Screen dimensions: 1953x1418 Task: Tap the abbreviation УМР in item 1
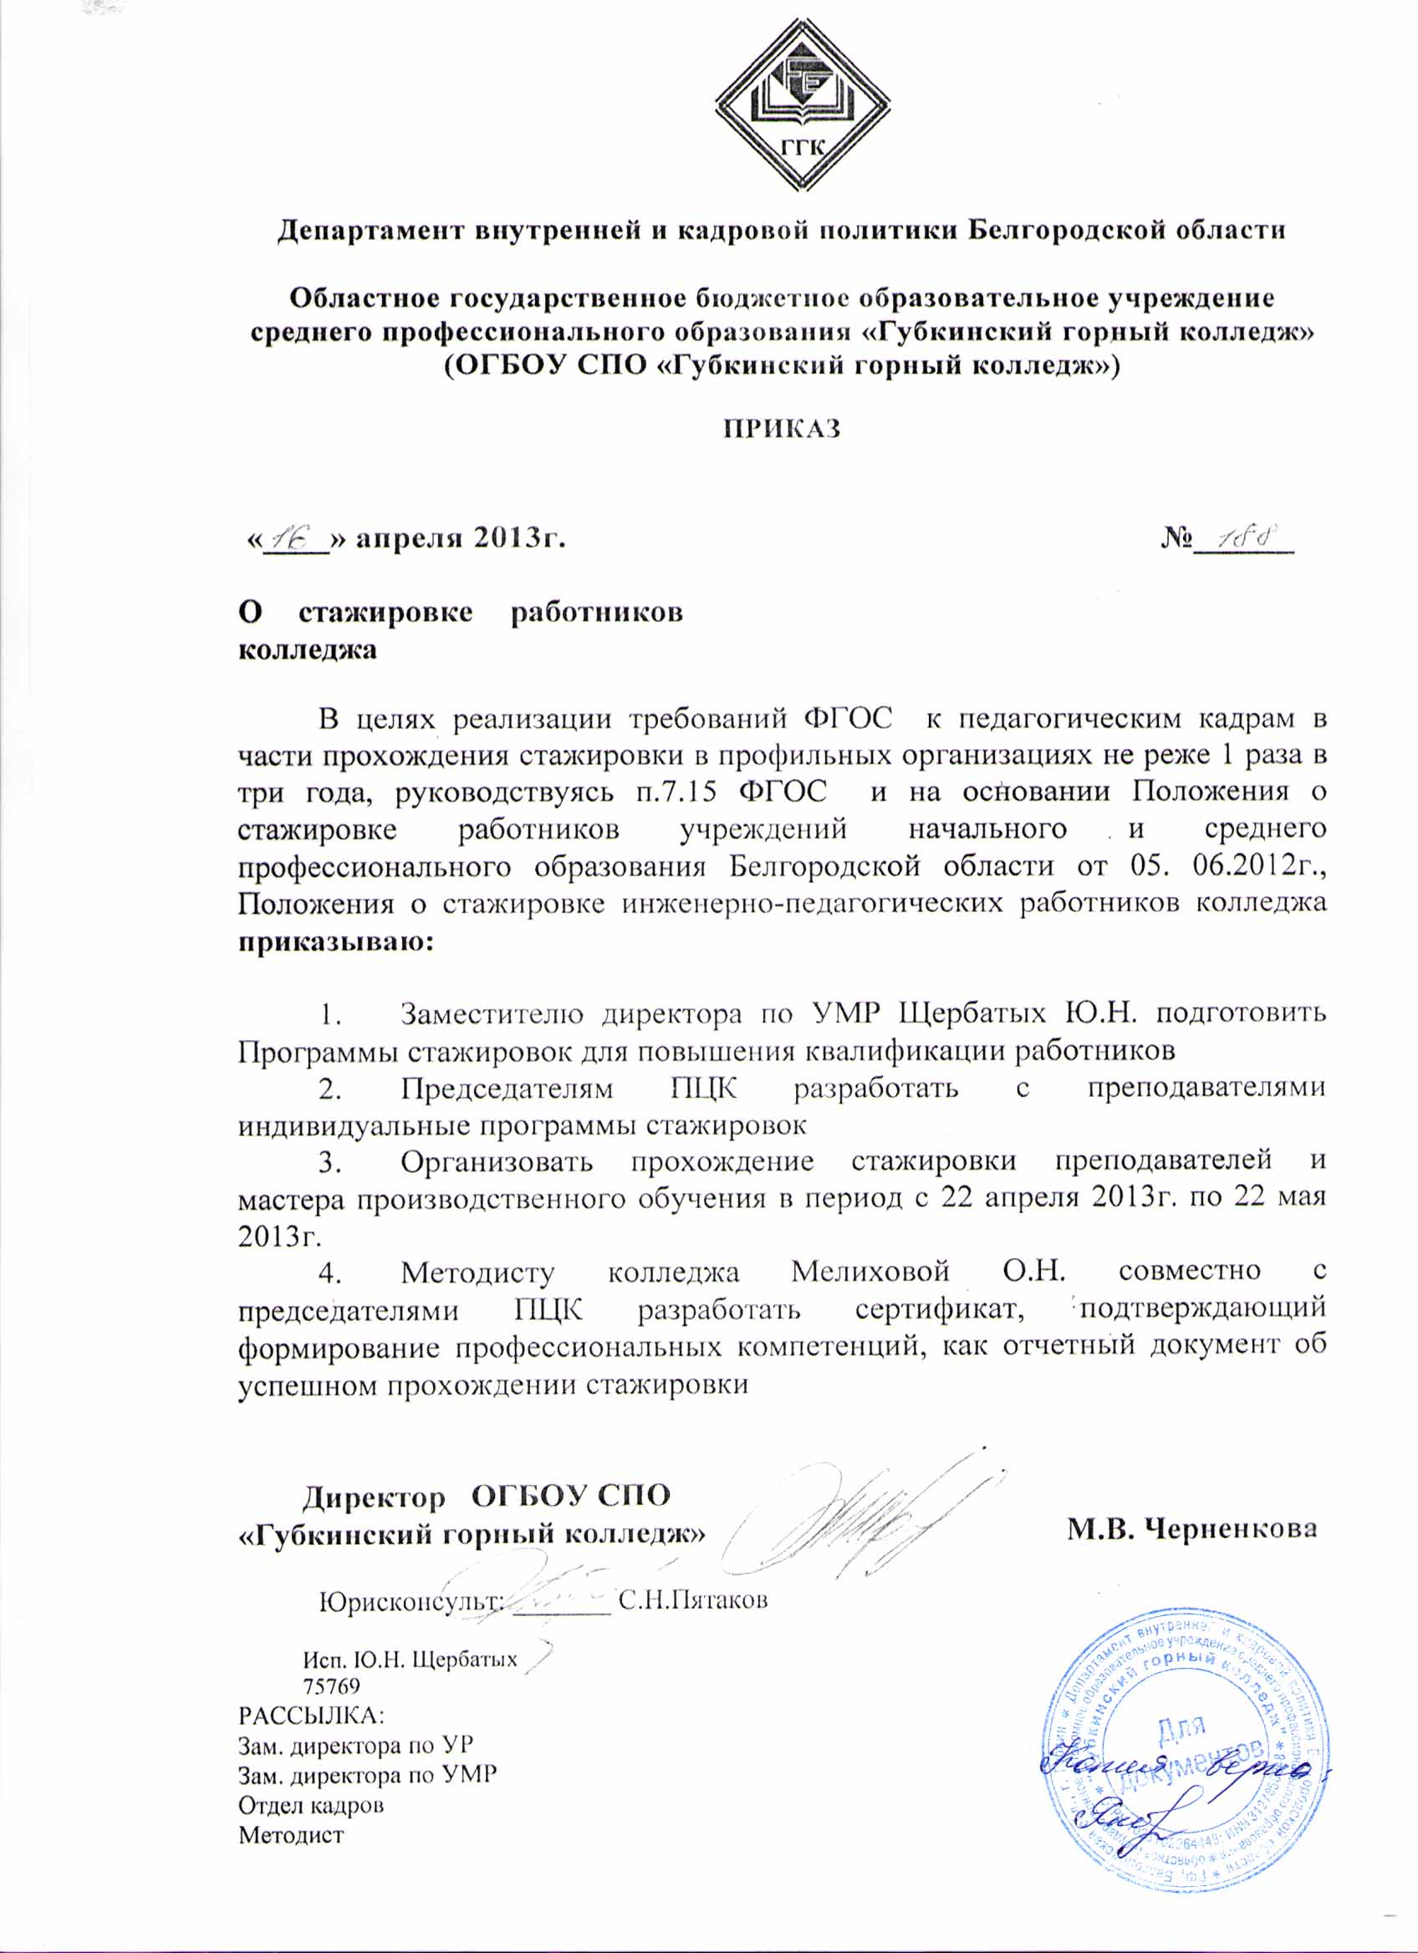click(847, 1013)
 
